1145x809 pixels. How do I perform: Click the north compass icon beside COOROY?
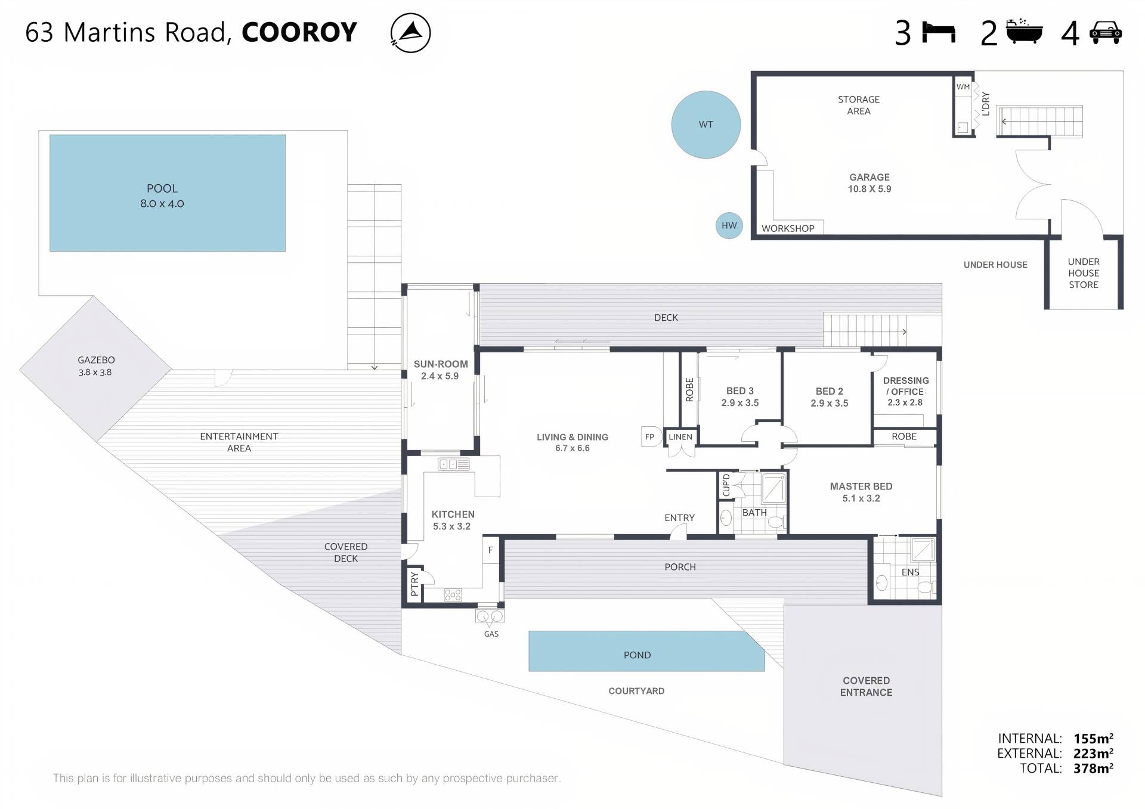pos(410,33)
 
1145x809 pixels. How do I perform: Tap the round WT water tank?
pos(705,125)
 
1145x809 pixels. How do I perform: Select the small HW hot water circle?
pos(729,225)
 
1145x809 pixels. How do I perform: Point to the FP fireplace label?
pos(650,436)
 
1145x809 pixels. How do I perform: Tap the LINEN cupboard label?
pos(680,437)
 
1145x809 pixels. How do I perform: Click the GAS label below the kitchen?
pos(491,634)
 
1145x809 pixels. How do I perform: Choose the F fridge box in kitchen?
pos(491,550)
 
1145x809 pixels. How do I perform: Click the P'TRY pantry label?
pos(414,584)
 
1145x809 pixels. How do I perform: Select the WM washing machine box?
pos(963,87)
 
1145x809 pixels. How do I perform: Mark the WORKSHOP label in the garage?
pos(788,228)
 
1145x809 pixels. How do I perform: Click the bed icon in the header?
pos(939,32)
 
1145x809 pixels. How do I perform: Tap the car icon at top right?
pos(1106,32)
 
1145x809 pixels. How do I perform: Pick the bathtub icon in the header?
pos(1024,32)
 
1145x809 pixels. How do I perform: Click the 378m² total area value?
pos(1093,768)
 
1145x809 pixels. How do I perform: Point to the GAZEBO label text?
pos(96,360)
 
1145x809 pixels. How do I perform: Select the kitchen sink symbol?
pos(454,464)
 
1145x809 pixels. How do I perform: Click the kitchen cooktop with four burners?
pos(453,594)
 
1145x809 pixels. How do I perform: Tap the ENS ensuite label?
pos(910,572)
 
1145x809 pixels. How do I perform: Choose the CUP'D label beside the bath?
pos(726,485)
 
